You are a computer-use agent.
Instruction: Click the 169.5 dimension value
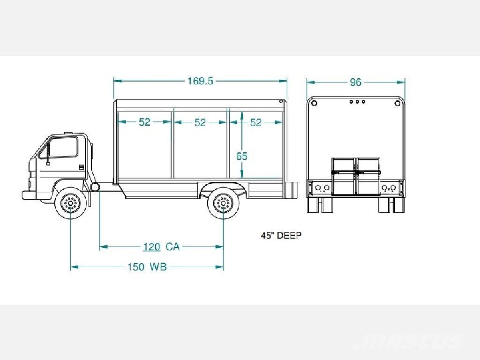click(x=200, y=81)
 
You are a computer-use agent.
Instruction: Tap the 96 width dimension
click(x=355, y=82)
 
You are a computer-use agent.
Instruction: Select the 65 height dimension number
click(x=241, y=157)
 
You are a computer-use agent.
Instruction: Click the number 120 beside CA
click(x=152, y=247)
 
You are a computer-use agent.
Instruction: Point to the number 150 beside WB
click(x=136, y=267)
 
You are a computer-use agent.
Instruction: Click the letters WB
click(x=158, y=267)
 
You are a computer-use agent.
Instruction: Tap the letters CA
click(x=172, y=247)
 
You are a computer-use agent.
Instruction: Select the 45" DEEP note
click(x=281, y=235)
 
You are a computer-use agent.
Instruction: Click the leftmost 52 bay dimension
click(x=144, y=122)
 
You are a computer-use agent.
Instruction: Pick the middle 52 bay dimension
click(x=200, y=123)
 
